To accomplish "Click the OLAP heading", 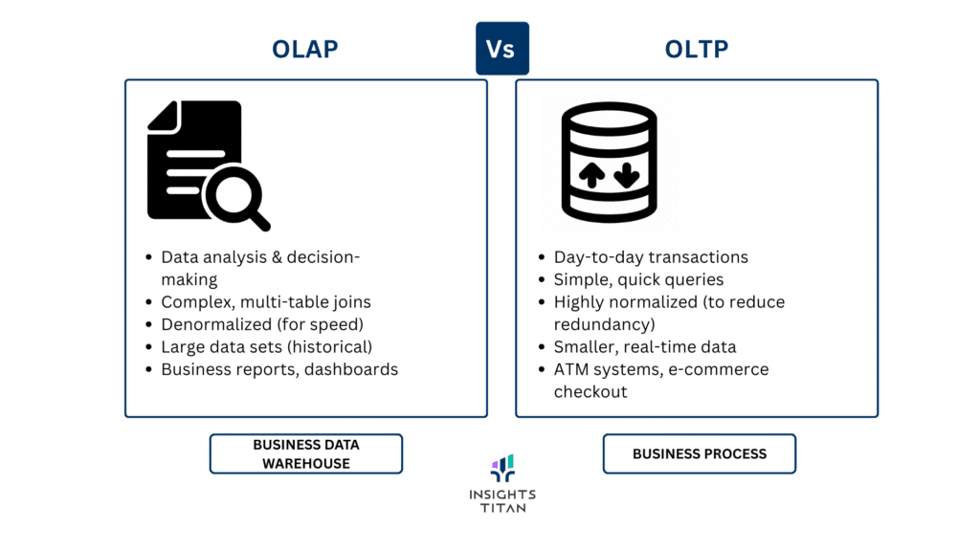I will coord(306,49).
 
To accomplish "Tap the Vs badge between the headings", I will coord(501,49).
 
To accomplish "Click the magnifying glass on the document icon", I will coord(237,196).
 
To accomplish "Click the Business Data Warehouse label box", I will coord(306,453).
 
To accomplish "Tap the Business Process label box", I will coord(699,453).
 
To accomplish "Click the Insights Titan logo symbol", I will coord(502,468).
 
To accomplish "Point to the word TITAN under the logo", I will coord(502,508).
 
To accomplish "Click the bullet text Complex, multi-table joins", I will coord(266,302).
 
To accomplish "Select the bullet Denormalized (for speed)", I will coord(262,324).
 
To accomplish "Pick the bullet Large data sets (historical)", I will coord(266,346).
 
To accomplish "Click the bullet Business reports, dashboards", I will coord(279,369).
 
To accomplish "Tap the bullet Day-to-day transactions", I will coord(651,257).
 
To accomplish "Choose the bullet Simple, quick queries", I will coord(638,279).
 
